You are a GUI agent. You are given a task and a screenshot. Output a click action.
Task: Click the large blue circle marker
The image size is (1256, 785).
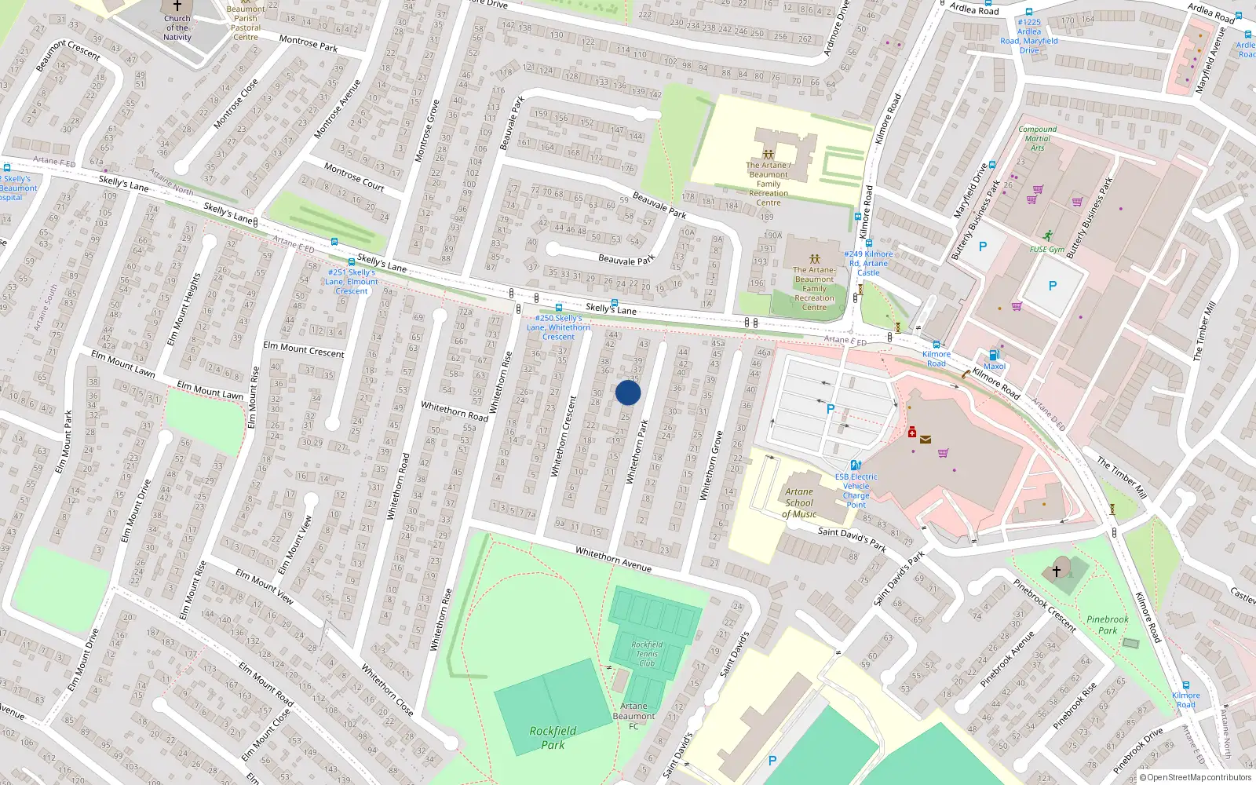tap(628, 392)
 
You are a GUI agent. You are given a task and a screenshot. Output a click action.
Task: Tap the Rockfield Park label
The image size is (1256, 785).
tap(553, 737)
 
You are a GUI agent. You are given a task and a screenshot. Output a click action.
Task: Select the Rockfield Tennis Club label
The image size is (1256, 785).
tap(647, 654)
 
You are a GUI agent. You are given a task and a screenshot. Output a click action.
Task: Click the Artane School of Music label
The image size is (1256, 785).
tap(799, 503)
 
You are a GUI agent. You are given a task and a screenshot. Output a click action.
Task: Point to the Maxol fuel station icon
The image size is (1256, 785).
tap(995, 356)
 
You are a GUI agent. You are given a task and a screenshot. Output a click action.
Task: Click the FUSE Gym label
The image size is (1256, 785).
tap(1047, 250)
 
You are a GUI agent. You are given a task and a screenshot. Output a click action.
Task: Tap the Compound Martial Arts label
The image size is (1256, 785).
tap(1037, 138)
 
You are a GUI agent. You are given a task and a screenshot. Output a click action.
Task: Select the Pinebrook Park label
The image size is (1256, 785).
tap(1107, 625)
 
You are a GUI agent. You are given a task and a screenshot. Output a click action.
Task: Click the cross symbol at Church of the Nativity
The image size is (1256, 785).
tap(177, 5)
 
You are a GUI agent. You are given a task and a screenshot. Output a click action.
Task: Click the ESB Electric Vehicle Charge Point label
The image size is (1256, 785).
tap(856, 491)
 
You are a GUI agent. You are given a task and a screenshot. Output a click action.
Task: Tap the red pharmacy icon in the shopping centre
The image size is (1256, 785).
tap(912, 433)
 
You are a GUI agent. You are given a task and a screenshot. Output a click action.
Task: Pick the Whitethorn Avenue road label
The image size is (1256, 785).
tap(613, 559)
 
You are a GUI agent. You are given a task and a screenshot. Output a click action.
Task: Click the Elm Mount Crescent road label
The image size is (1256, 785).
tap(303, 349)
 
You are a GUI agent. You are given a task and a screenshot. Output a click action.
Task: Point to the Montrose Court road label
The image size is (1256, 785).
tap(353, 177)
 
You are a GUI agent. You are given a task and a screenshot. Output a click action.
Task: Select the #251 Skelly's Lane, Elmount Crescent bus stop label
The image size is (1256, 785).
tap(352, 282)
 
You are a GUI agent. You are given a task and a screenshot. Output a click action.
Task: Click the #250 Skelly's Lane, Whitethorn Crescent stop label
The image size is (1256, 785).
tap(558, 327)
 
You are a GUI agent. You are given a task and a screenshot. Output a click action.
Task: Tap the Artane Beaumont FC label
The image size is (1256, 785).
tap(633, 716)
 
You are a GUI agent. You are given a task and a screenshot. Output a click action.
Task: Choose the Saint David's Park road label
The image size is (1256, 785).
tap(852, 539)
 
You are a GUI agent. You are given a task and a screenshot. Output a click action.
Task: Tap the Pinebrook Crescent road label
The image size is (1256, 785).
tap(1044, 605)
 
